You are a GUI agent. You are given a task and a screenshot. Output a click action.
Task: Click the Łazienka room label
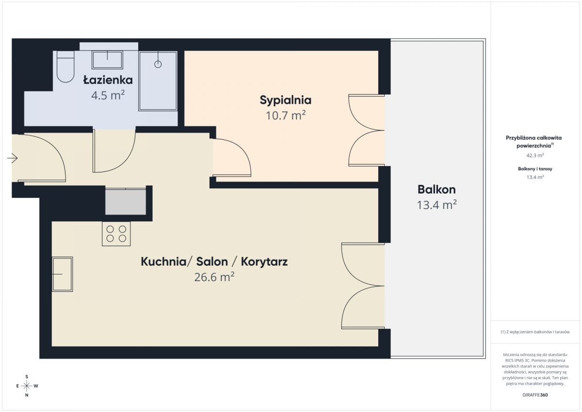click(x=108, y=80)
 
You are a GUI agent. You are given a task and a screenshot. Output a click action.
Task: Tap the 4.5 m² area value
click(x=108, y=95)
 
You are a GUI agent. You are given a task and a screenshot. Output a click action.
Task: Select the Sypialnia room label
click(x=286, y=100)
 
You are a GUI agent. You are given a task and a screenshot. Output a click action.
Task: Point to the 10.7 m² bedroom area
click(x=286, y=115)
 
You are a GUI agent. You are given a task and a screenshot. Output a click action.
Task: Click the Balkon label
click(x=436, y=189)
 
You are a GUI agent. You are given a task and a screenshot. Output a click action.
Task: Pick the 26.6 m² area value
click(x=214, y=277)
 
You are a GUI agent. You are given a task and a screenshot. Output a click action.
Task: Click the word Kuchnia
click(x=163, y=262)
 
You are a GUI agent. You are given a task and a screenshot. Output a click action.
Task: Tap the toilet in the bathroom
click(x=65, y=66)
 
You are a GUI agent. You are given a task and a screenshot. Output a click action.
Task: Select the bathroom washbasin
click(x=107, y=60)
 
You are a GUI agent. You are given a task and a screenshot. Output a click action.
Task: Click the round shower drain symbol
click(x=158, y=64)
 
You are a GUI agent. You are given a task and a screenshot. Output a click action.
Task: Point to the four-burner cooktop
click(x=116, y=234)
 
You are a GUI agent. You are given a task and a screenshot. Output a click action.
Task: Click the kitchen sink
click(x=63, y=274)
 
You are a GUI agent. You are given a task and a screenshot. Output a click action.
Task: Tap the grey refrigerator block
click(x=126, y=202)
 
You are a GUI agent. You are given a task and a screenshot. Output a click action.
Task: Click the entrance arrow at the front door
click(x=12, y=158)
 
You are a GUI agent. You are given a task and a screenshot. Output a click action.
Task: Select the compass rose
click(x=27, y=386)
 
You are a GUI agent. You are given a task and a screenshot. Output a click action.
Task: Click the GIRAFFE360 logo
click(x=535, y=395)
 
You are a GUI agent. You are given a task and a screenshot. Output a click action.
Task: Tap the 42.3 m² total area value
click(x=535, y=155)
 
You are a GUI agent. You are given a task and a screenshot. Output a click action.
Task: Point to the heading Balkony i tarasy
click(x=535, y=169)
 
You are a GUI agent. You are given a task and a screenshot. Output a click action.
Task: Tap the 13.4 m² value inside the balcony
click(x=437, y=205)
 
